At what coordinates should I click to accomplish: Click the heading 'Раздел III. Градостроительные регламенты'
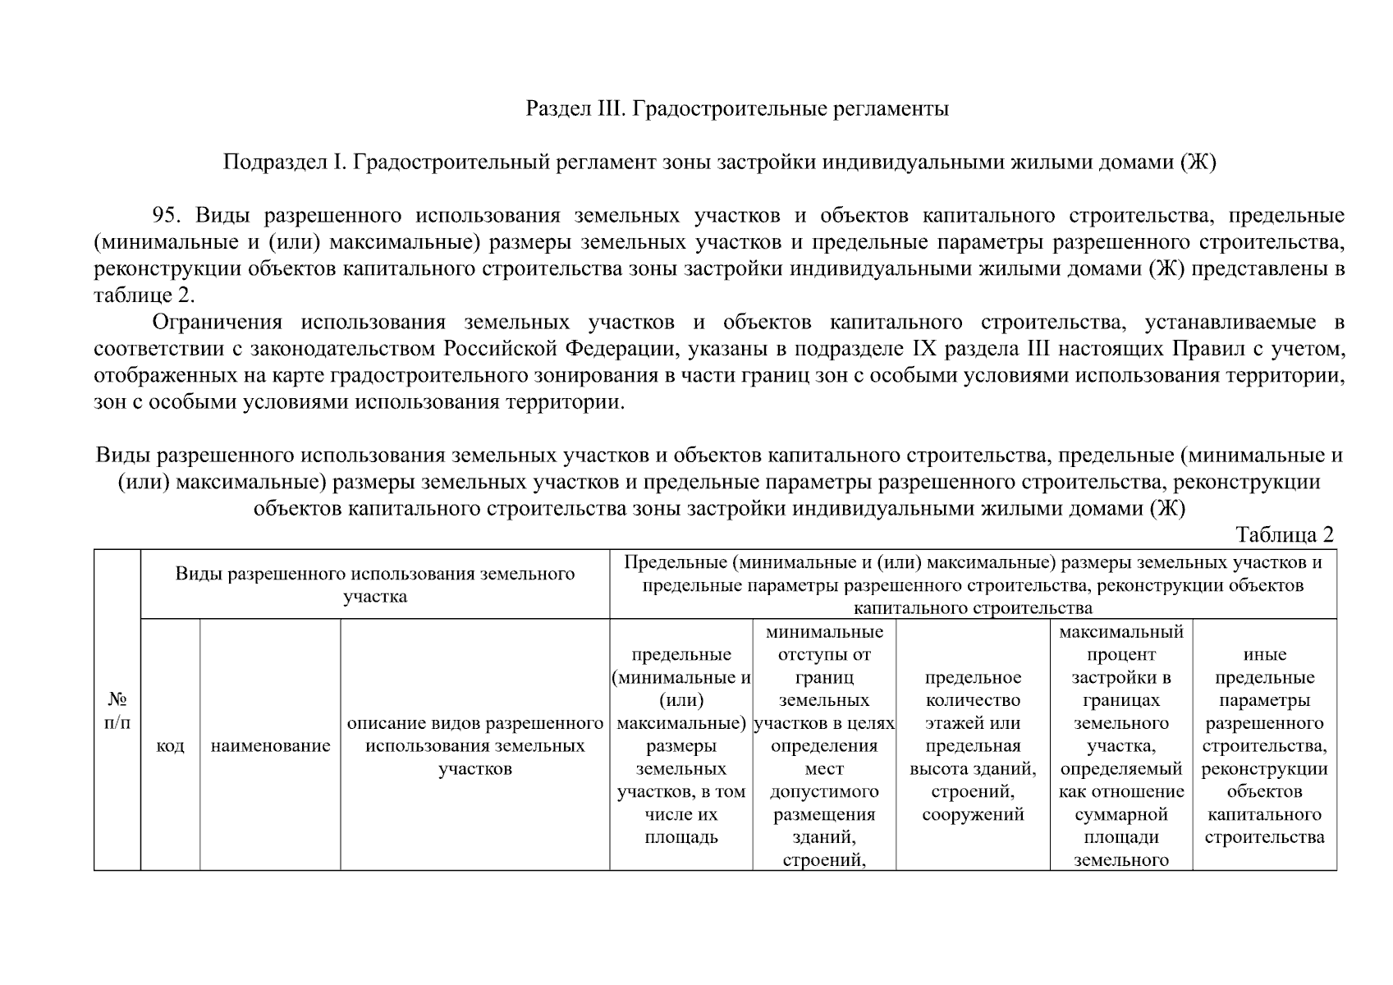[x=737, y=108]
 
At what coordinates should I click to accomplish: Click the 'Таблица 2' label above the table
[x=1285, y=535]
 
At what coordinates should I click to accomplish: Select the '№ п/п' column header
[x=117, y=711]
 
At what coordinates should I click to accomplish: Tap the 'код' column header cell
[x=170, y=746]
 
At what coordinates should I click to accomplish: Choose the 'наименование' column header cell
[x=270, y=746]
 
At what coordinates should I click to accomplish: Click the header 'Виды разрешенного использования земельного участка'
[x=374, y=584]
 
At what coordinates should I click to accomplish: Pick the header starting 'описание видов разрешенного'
[x=474, y=746]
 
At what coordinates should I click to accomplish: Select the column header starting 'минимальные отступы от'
[x=823, y=746]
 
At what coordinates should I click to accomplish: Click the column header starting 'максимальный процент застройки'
[x=1120, y=746]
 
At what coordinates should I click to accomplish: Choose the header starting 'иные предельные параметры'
[x=1264, y=746]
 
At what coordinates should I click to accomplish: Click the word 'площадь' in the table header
[x=681, y=837]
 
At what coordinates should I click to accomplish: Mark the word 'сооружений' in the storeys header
[x=973, y=815]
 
